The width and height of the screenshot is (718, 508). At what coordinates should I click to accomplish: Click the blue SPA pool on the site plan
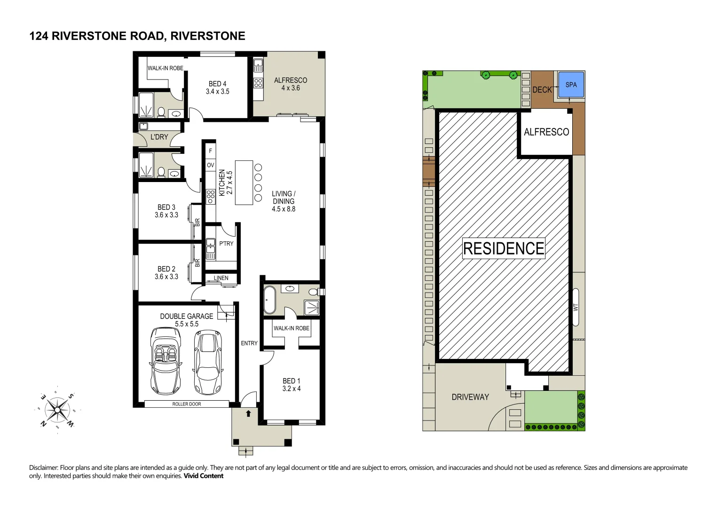point(571,85)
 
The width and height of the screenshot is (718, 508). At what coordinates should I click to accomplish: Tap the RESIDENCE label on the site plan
point(504,248)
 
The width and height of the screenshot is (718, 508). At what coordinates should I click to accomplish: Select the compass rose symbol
point(57,410)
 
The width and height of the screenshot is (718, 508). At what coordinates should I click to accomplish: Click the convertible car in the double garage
point(166,361)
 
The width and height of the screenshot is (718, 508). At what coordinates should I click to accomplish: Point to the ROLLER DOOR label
point(187,404)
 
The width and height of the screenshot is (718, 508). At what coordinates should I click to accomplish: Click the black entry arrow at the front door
point(248,413)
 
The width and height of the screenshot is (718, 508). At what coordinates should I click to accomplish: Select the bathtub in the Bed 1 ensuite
point(269,300)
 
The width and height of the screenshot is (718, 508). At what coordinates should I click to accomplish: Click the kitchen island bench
point(244,183)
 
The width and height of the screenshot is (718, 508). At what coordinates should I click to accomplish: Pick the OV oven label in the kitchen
point(210,165)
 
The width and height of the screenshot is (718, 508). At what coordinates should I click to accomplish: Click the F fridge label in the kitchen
point(210,151)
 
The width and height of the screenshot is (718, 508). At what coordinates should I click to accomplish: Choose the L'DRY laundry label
point(159,137)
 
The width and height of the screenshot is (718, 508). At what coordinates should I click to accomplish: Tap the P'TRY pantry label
point(226,244)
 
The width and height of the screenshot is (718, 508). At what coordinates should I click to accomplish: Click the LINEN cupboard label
point(221,278)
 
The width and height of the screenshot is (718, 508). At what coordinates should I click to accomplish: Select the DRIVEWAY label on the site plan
point(470,397)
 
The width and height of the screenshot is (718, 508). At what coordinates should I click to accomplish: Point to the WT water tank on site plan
point(576,307)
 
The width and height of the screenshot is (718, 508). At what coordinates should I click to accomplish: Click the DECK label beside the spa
point(542,90)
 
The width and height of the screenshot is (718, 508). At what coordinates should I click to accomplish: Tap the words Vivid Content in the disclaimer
point(204,476)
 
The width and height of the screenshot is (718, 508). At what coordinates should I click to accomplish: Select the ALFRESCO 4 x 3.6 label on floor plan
point(291,84)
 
